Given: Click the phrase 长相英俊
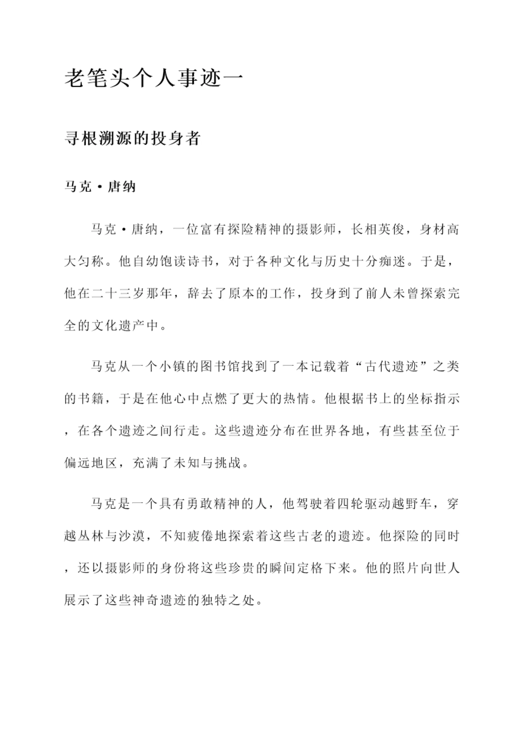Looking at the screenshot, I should [377, 230].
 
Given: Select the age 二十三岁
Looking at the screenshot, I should [118, 294].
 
